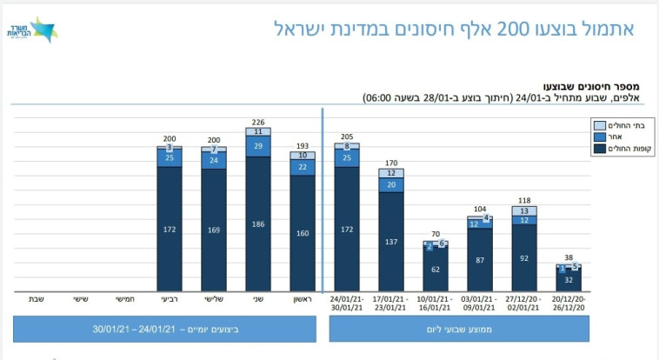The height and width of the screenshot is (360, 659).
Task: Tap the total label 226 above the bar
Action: (x=257, y=122)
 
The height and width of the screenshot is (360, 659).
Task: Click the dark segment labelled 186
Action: (x=257, y=224)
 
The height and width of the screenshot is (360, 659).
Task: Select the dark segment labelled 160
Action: (x=303, y=233)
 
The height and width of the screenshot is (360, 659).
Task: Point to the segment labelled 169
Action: (x=213, y=230)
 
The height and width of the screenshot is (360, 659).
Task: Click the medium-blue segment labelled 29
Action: (x=257, y=147)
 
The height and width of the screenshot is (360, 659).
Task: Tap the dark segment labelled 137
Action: (x=391, y=241)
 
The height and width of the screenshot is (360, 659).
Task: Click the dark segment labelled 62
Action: (x=436, y=270)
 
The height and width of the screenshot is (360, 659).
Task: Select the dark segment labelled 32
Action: (x=569, y=281)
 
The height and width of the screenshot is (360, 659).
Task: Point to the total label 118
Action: (x=524, y=200)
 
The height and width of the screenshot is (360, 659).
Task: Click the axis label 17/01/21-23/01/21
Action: (x=391, y=303)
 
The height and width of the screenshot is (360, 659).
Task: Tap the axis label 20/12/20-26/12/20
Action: (x=569, y=303)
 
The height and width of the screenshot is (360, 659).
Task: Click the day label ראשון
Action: (x=303, y=299)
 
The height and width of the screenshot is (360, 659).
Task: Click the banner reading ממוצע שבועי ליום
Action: (x=458, y=329)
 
